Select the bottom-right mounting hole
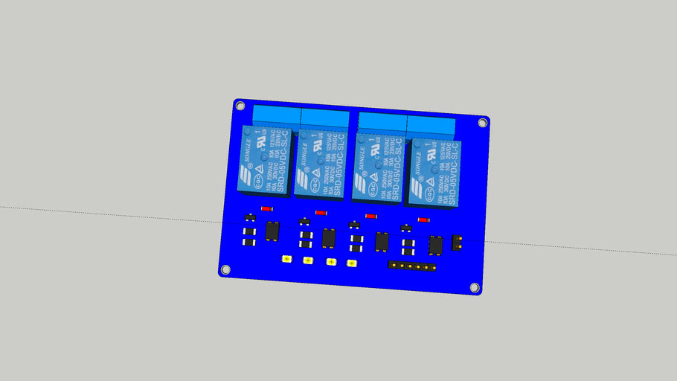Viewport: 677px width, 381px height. click(474, 287)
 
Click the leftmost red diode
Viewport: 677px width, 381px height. click(267, 209)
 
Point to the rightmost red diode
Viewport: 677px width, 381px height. click(424, 220)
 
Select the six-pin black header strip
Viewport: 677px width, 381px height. click(411, 266)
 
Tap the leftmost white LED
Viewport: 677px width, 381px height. click(286, 259)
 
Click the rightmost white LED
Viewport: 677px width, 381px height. click(353, 263)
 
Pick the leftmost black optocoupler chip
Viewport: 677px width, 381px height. click(272, 231)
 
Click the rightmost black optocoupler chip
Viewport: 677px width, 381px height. click(436, 244)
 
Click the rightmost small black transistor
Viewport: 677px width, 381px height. click(406, 228)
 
